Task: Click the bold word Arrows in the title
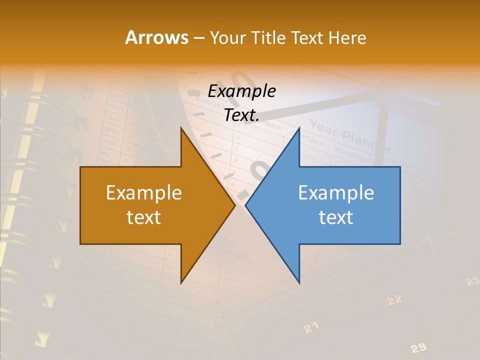click(x=156, y=37)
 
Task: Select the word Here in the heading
click(x=347, y=38)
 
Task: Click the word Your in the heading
click(x=226, y=38)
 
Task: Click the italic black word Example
click(x=241, y=91)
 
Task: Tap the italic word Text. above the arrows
click(x=241, y=115)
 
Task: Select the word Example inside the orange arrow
click(x=144, y=193)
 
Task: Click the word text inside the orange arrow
click(x=144, y=217)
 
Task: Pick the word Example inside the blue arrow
click(x=336, y=193)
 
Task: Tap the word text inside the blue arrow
click(x=336, y=217)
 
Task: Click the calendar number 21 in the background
click(x=311, y=327)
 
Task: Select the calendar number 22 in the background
click(x=394, y=300)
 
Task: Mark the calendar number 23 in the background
click(x=472, y=281)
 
